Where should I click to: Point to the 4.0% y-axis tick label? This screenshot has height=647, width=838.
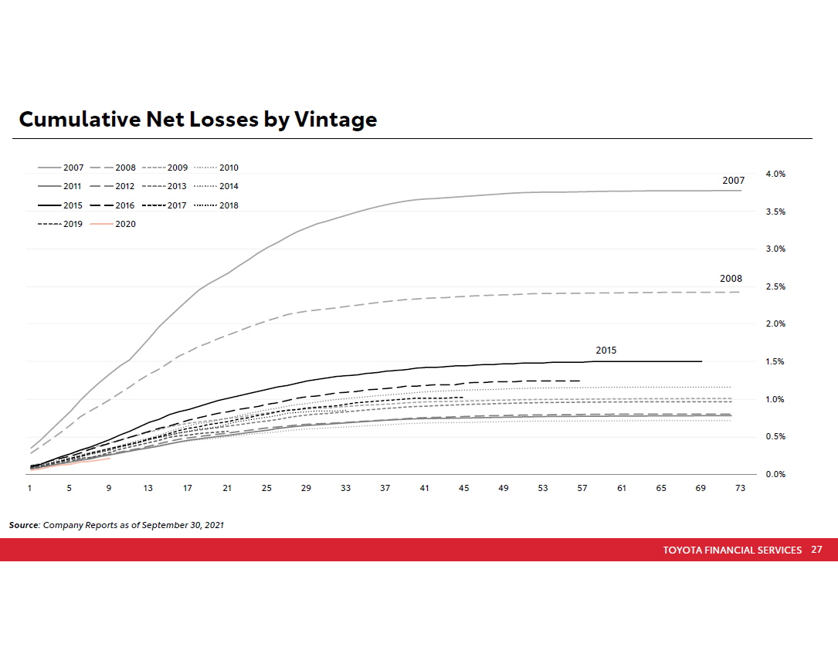(x=775, y=174)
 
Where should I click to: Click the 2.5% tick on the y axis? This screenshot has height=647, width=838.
(x=775, y=286)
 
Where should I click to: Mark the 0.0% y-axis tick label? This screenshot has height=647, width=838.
(x=775, y=474)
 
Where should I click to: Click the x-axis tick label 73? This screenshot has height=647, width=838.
(x=740, y=488)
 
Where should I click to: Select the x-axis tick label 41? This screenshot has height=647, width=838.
(x=424, y=488)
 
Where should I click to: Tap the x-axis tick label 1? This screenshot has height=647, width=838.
(x=29, y=488)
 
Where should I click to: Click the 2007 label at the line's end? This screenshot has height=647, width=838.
(x=733, y=181)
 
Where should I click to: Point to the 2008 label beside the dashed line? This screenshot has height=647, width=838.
(x=731, y=279)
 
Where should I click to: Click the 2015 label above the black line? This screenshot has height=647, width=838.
(x=606, y=351)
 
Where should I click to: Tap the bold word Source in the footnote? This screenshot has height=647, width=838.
(x=23, y=525)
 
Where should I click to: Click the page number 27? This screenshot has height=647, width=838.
(x=816, y=550)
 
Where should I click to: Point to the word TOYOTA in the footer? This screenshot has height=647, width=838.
(x=683, y=550)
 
